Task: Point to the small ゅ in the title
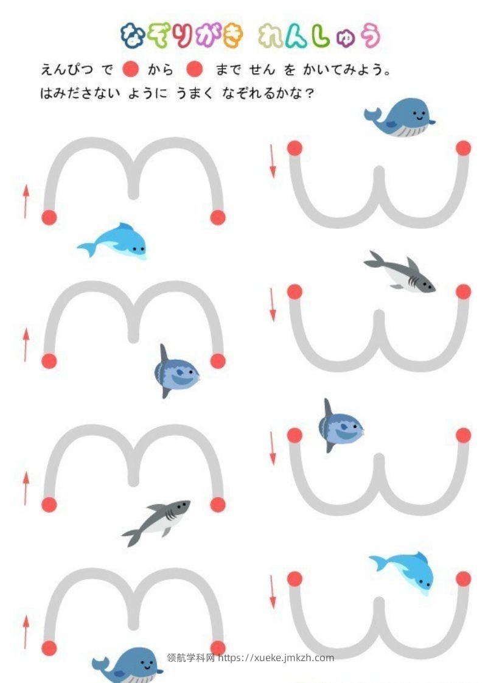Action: [x=346, y=39]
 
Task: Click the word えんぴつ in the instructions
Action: [x=66, y=69]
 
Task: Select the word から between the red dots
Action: [x=161, y=69]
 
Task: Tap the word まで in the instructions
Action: [x=228, y=69]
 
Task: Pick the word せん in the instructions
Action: [x=262, y=69]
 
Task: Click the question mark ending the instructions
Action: [x=310, y=93]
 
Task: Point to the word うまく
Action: [x=194, y=93]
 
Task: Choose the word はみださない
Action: [x=80, y=93]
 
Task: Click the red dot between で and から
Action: [x=130, y=69]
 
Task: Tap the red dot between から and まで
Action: [x=194, y=69]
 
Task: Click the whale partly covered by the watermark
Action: [x=127, y=665]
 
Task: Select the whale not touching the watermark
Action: [x=399, y=117]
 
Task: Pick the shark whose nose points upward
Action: [x=157, y=522]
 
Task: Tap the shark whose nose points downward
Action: [x=399, y=271]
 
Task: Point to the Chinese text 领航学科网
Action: [x=190, y=657]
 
